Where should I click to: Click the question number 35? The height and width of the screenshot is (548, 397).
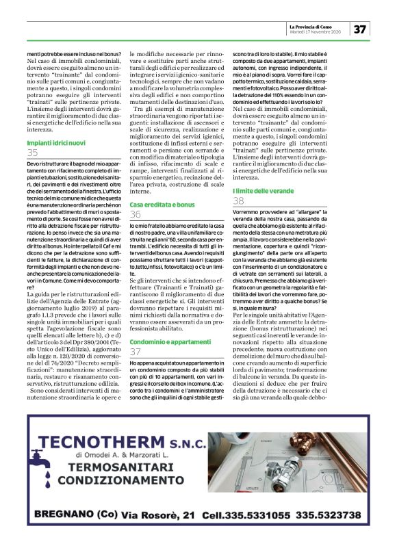coord(33,153)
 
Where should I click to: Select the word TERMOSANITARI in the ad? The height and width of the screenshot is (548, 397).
coord(140,467)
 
